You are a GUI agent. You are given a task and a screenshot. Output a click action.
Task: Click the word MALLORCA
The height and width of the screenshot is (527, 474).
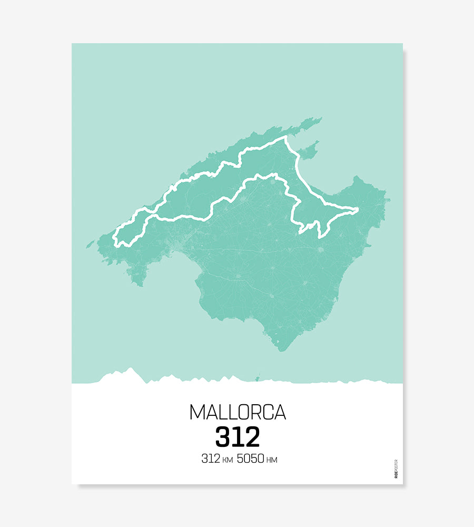238,412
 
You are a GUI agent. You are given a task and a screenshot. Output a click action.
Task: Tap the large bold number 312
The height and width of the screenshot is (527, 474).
238,437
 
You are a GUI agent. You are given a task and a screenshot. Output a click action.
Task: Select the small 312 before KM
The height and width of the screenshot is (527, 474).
210,459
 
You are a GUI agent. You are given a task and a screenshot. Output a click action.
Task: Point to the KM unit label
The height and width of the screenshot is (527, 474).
228,461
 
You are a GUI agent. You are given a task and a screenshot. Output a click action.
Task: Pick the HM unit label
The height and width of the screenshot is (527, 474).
272,461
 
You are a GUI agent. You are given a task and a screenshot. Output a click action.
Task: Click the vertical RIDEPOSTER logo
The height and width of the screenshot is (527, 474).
396,469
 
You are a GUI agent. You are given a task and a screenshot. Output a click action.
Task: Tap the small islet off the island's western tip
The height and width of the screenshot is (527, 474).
90,244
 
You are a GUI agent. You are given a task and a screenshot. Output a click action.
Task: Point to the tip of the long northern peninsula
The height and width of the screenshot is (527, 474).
320,119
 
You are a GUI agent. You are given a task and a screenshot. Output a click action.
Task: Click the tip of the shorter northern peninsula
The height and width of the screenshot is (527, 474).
318,142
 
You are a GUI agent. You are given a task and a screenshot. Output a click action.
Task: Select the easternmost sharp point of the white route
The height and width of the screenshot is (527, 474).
358,210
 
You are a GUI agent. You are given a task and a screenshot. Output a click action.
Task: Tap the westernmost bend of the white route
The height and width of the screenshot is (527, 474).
114,237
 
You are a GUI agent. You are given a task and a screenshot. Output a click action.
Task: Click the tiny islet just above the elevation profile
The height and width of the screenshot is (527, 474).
258,377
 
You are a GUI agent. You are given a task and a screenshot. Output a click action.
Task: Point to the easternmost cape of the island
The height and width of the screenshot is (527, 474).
389,200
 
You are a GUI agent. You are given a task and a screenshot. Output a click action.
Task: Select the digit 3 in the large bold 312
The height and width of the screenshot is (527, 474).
223,437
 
